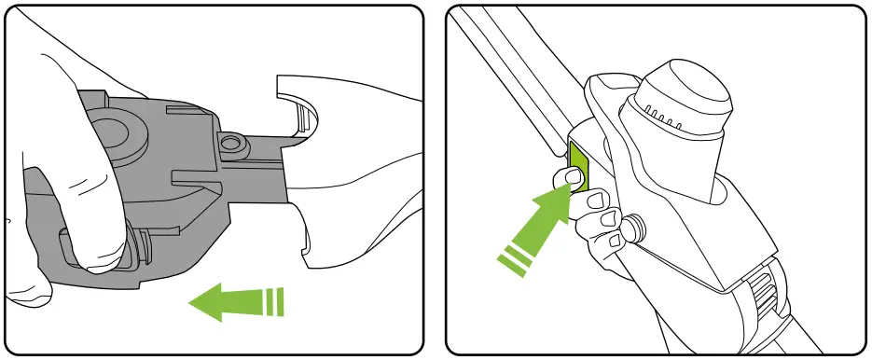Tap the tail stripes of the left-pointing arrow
point(271,301)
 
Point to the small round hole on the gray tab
point(231,143)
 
